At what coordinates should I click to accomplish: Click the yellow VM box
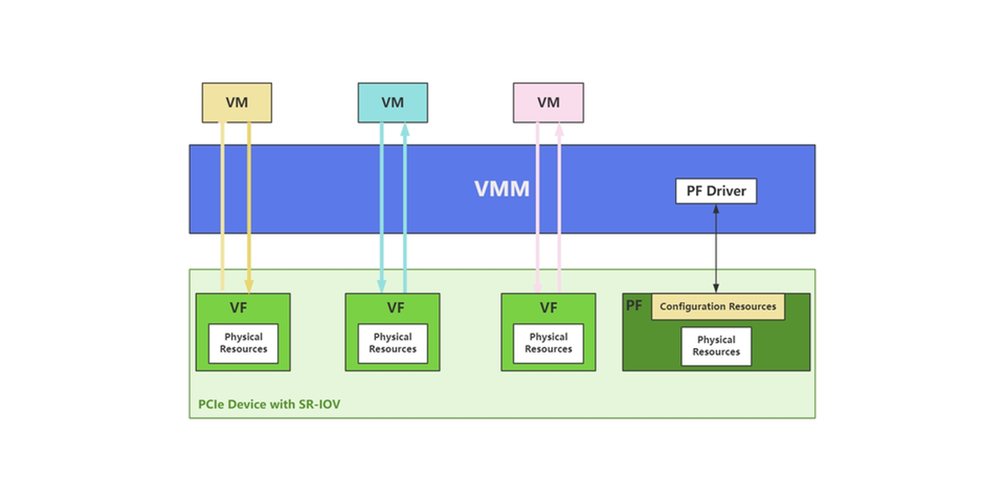coord(237,103)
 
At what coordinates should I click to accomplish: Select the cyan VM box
coord(393,103)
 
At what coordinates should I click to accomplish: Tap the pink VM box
coord(549,103)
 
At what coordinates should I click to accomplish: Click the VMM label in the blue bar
coord(502,189)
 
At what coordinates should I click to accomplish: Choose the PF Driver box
coord(716,191)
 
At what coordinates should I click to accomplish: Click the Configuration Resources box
coord(718,307)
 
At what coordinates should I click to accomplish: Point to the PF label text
coord(635,305)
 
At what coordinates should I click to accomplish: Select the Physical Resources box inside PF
coord(716,346)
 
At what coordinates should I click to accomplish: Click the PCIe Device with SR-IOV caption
coord(270,404)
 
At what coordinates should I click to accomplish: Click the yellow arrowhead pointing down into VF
coord(249,285)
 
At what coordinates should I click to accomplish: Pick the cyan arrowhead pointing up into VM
coord(405,130)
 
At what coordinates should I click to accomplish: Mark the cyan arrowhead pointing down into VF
coord(382,285)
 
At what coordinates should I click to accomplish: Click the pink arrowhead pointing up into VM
coord(559,130)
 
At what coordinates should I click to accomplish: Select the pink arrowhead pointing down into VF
coord(537,285)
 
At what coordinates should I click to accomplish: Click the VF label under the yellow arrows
coord(239,308)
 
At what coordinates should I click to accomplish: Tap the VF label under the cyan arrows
coord(395,308)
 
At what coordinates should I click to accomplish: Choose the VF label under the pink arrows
coord(549,308)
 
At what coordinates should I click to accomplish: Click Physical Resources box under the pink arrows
coord(549,343)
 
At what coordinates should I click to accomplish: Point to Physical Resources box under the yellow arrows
coord(244,343)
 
